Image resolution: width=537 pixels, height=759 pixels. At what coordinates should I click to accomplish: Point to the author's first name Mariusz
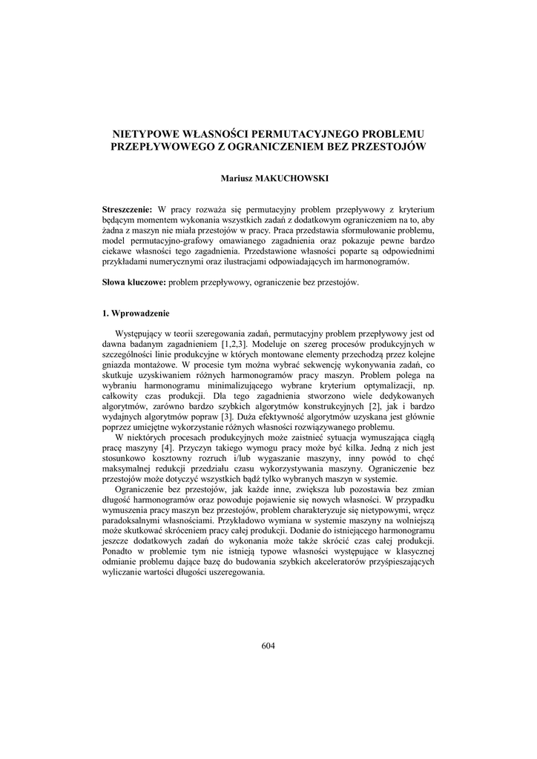coord(237,179)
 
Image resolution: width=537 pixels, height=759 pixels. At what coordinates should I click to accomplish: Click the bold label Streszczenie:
coord(127,211)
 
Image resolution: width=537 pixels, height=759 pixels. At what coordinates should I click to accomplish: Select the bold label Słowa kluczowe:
coord(134,282)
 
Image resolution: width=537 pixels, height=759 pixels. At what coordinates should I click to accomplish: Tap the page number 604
coord(268,646)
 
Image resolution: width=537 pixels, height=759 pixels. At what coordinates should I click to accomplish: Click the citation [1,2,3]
coord(236,345)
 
